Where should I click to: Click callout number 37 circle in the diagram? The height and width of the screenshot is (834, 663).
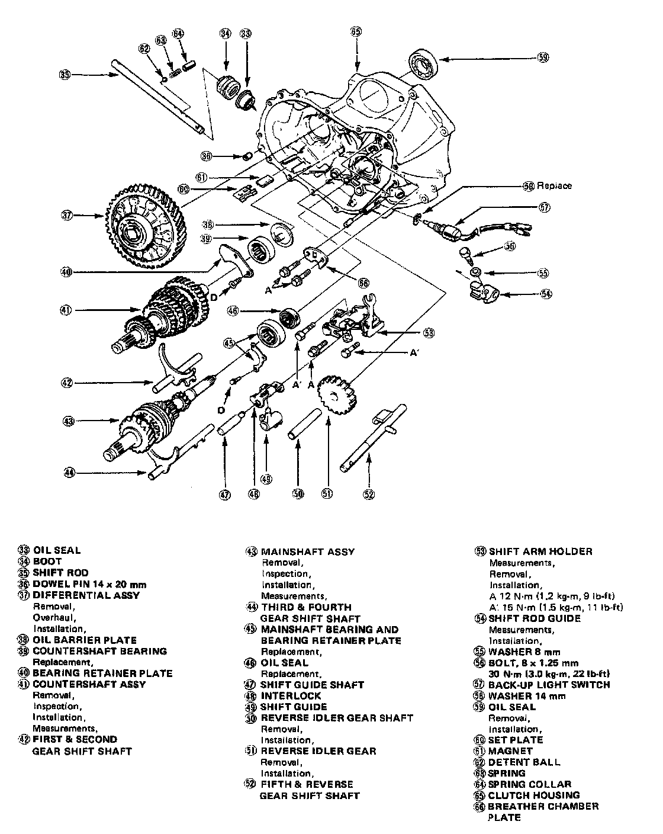click(67, 216)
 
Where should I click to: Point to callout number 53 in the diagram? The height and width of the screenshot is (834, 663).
click(428, 333)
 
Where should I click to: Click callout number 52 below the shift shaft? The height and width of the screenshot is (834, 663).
click(368, 495)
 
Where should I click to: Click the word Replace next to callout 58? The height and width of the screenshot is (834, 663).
click(555, 186)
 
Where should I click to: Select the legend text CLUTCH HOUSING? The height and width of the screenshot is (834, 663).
click(533, 795)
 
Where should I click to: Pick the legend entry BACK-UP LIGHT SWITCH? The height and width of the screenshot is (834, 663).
click(549, 685)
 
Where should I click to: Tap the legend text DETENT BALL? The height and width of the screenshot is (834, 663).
click(524, 762)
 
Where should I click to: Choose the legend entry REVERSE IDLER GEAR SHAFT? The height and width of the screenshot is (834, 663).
click(337, 718)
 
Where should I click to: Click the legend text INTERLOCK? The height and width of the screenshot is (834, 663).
click(291, 696)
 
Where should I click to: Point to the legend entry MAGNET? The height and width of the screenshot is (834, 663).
click(511, 751)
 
